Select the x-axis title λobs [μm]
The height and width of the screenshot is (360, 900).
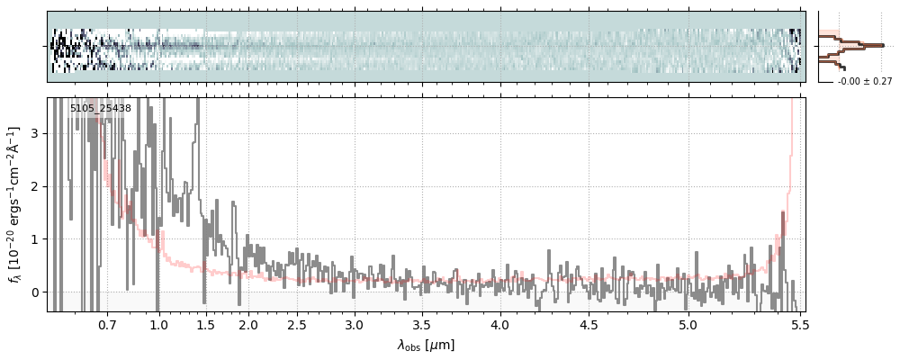coord(426,345)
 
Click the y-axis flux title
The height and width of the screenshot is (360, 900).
coord(15,204)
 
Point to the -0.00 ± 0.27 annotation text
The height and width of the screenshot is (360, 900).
coord(865,82)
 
